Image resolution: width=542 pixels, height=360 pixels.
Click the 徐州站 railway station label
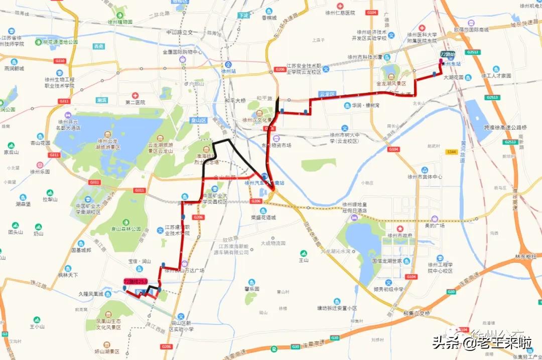(228, 71)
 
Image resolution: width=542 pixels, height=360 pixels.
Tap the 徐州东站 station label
(450, 64)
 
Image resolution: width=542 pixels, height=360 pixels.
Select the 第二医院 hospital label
(135, 102)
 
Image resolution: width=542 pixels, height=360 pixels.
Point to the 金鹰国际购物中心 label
(182, 52)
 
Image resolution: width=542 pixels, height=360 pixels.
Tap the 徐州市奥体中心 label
(425, 177)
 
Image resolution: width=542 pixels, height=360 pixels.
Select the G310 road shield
(60, 61)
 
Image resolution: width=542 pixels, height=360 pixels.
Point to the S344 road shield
(450, 152)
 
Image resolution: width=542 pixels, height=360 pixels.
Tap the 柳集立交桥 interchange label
(417, 313)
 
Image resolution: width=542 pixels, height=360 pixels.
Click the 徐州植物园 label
(120, 22)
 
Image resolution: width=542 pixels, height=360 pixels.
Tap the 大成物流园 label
(273, 243)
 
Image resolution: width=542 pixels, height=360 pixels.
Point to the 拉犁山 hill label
(50, 200)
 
